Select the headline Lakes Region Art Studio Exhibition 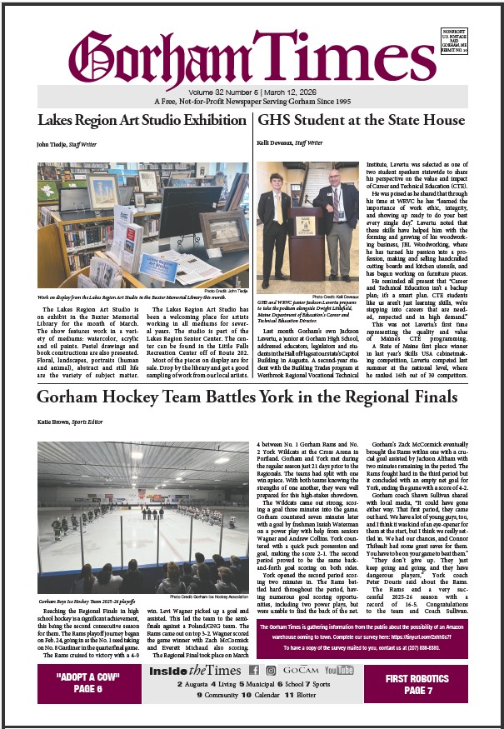click(x=142, y=120)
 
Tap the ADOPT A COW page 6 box click(x=91, y=684)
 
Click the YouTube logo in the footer click(x=338, y=669)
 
